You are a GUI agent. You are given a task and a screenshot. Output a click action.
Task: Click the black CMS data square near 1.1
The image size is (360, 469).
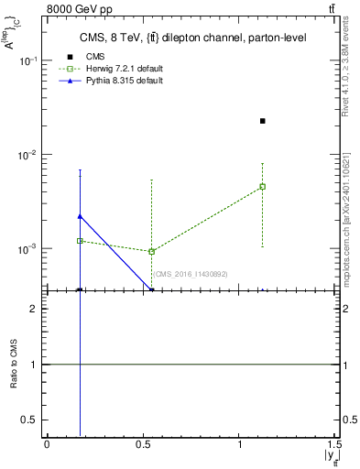click(x=263, y=121)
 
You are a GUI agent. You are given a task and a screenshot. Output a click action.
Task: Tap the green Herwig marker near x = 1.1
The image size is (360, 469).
click(x=263, y=187)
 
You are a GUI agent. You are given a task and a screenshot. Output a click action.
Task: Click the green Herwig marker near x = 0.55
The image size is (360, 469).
click(x=152, y=251)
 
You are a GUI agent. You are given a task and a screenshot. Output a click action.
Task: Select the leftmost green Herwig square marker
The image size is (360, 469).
click(x=81, y=241)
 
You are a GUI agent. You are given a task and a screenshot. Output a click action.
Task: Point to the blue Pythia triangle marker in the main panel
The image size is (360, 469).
click(x=81, y=216)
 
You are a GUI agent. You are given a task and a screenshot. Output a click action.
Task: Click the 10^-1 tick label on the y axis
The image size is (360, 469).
click(x=29, y=61)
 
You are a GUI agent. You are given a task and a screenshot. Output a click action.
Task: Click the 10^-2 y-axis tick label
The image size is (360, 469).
click(x=29, y=155)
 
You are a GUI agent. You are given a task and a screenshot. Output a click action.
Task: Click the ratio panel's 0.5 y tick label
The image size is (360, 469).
click(x=29, y=420)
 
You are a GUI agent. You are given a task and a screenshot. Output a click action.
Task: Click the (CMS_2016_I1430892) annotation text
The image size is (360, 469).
click(x=190, y=274)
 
